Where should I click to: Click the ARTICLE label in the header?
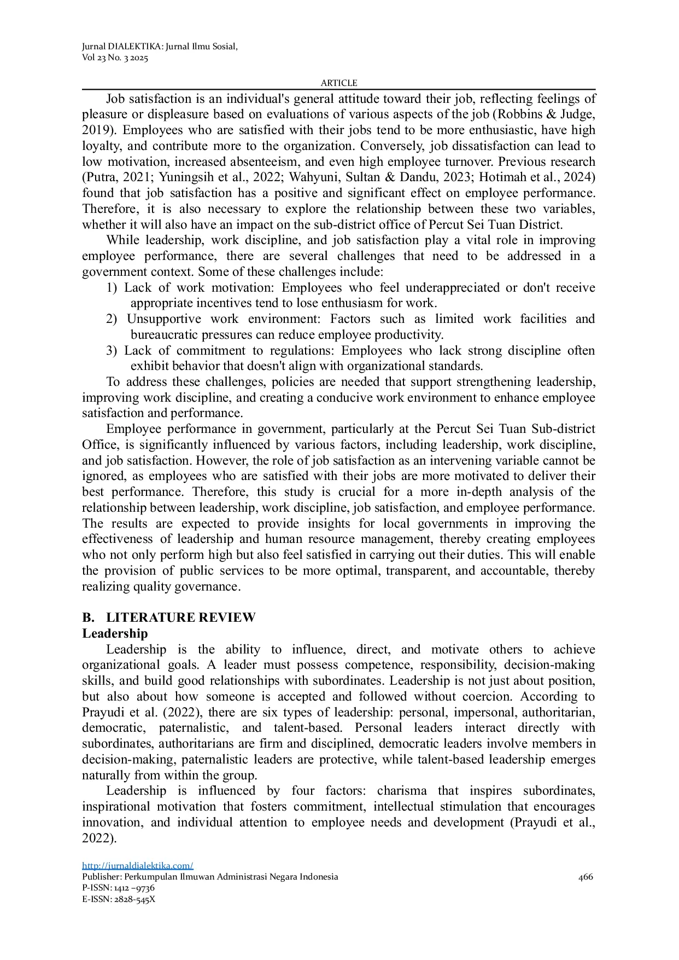tap(339, 83)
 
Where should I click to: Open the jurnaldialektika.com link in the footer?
tap(138, 865)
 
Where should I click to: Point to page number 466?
tap(586, 877)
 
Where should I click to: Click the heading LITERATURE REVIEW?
tap(180, 617)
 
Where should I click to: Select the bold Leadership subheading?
tap(115, 633)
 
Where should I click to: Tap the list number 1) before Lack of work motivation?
tap(112, 288)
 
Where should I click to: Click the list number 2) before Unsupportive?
tap(112, 319)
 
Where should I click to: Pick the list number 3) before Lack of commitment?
tap(112, 351)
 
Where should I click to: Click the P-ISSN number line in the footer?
tap(118, 888)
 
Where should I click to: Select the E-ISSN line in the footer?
tap(119, 899)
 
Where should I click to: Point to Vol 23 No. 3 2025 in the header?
tap(115, 58)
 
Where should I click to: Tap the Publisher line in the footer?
tap(210, 877)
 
